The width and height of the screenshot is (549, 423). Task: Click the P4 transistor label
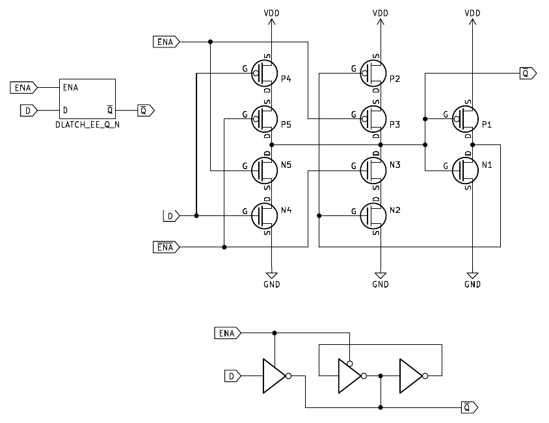[286, 79]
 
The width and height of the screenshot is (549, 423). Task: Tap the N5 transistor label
[286, 165]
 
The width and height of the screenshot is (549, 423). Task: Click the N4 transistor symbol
[264, 213]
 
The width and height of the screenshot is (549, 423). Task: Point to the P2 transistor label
[395, 79]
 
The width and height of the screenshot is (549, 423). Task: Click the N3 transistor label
[395, 165]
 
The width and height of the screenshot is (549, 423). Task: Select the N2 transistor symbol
[373, 213]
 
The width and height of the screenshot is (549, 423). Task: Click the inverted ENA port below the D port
[165, 247]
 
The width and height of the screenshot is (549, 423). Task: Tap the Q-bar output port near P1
[527, 74]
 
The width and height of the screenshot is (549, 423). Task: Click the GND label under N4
[272, 284]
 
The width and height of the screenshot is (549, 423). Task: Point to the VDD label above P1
[473, 13]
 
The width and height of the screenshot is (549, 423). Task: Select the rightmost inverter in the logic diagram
[412, 375]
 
